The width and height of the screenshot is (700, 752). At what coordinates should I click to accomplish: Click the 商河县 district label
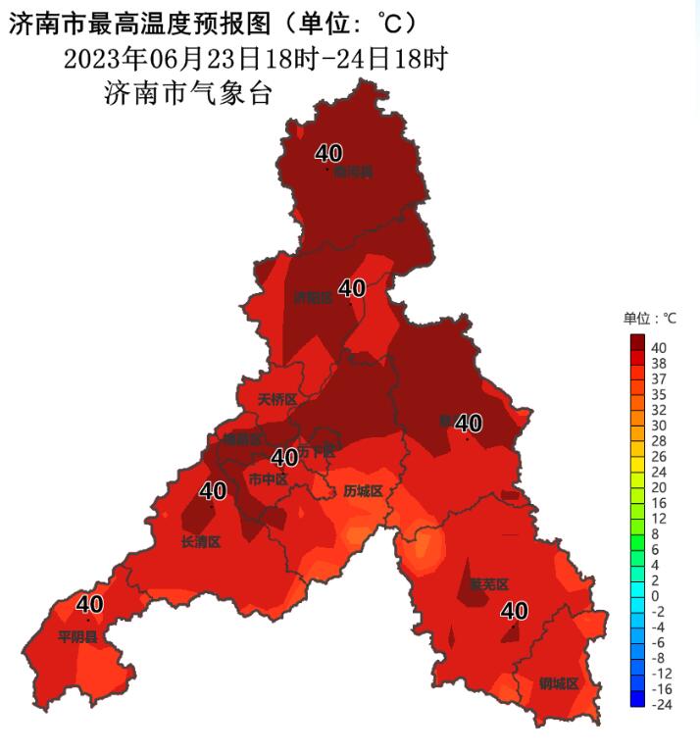coord(353,172)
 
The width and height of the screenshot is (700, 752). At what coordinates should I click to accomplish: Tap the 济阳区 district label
coord(314,297)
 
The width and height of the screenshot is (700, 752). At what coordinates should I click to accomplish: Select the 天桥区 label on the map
coord(276,400)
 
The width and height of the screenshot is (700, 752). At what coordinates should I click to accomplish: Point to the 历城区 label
coord(362,491)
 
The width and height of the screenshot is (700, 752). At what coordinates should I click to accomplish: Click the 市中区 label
coord(268,479)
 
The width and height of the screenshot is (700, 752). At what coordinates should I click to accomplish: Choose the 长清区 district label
coord(201,542)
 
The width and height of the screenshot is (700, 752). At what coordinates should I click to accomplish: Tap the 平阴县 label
coord(77,637)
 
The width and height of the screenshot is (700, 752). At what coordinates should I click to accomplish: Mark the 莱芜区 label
coord(488,584)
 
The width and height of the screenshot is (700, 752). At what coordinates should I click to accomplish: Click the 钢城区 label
coord(558,683)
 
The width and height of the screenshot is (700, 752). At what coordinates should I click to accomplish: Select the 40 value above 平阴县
coord(89,604)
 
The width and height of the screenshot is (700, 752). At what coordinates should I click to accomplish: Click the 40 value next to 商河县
coord(328,153)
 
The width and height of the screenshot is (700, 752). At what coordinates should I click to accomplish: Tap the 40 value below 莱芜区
coord(514,611)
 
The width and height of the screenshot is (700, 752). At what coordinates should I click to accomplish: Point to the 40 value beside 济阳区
coord(351,288)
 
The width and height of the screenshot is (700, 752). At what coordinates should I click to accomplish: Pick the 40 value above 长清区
coord(213,490)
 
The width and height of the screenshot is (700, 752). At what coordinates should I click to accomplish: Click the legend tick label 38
coord(658,363)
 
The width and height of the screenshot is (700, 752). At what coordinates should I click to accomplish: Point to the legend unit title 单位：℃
coord(649,319)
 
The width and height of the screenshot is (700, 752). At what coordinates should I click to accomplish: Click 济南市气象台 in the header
coord(186,94)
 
